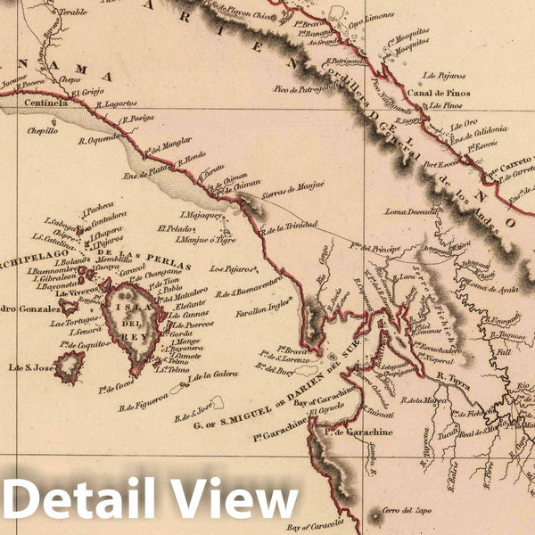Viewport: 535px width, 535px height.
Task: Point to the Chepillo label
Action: (42, 130)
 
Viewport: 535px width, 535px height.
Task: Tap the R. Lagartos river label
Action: (118, 103)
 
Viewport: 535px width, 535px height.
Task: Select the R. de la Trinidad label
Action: (290, 227)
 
